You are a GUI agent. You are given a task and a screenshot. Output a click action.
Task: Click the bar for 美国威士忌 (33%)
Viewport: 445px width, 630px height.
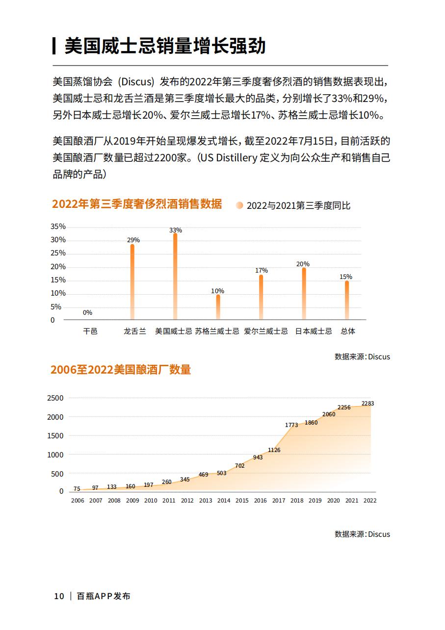[175, 276]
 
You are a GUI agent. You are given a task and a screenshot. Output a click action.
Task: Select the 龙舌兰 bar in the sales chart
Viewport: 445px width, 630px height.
[132, 282]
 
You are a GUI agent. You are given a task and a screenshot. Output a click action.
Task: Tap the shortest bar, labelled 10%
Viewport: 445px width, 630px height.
[218, 307]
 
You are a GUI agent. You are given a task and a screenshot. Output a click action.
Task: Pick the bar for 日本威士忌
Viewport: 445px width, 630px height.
[304, 293]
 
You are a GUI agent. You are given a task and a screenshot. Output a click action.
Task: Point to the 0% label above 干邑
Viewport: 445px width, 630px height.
[87, 312]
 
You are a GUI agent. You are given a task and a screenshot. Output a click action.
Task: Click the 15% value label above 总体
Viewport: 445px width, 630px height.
[346, 277]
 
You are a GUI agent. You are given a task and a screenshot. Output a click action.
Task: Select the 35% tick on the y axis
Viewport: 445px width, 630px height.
[58, 227]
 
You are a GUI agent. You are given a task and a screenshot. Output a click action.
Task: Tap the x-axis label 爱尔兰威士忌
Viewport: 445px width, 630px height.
[266, 331]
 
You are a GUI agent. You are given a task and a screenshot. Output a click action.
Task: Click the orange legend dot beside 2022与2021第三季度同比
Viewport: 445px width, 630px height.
[239, 205]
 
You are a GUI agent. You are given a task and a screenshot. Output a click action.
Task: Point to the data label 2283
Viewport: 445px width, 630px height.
[367, 403]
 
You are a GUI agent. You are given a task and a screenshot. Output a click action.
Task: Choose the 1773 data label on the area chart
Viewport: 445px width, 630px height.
[291, 425]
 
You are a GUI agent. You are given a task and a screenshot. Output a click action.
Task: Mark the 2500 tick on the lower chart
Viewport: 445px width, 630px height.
[55, 398]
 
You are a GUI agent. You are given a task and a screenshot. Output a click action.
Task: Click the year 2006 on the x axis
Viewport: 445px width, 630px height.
[78, 501]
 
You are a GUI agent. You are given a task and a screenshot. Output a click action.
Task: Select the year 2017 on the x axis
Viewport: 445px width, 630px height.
[279, 501]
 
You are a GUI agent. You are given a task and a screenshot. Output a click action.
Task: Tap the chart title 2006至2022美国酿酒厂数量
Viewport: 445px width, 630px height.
[121, 370]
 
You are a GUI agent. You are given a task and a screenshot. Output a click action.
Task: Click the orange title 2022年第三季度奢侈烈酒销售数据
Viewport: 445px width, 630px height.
[137, 204]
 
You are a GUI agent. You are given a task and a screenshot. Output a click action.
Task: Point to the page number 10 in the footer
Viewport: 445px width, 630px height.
[59, 596]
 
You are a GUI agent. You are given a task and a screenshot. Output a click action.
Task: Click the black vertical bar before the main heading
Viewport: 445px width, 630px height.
[54, 46]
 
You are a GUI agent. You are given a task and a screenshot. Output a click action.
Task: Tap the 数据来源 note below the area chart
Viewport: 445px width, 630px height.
[362, 534]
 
